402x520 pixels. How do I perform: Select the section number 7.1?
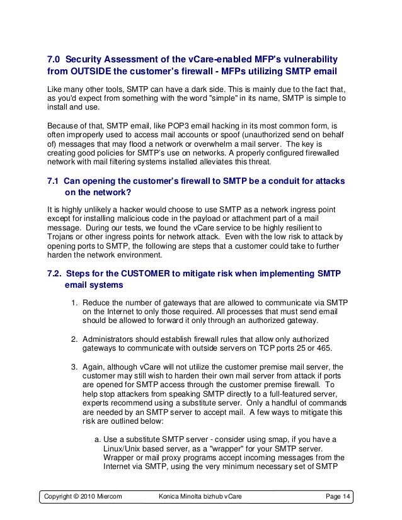point(54,181)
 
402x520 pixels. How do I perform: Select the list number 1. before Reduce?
point(74,303)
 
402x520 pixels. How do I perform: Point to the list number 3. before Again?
point(74,367)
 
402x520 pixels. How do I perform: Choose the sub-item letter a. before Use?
point(96,439)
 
